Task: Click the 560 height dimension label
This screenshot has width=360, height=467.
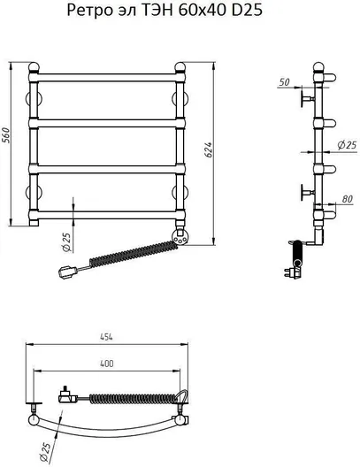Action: [x=6, y=135]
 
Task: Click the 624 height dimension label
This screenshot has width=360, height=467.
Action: [x=209, y=149]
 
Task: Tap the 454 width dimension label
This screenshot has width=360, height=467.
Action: [x=106, y=337]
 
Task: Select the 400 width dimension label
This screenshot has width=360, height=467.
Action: [x=107, y=364]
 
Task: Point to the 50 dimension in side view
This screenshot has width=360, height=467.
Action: [x=284, y=82]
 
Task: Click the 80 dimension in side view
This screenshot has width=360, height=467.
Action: [x=347, y=199]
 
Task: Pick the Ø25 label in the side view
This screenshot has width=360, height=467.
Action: [x=347, y=145]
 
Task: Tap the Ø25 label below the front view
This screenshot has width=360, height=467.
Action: [x=67, y=241]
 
